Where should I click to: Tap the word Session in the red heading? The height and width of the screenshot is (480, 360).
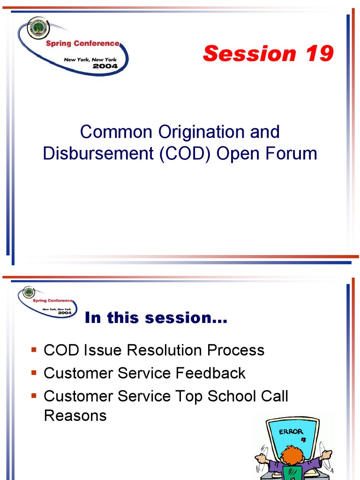click(x=249, y=53)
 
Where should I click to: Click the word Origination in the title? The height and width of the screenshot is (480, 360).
click(x=202, y=132)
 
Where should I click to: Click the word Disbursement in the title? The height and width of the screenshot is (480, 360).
click(x=98, y=153)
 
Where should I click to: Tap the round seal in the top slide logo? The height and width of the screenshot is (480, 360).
click(x=37, y=28)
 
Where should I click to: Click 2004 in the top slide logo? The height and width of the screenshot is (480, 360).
click(x=105, y=66)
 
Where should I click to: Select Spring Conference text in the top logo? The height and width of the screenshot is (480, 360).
click(x=82, y=44)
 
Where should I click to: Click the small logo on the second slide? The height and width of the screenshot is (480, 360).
click(x=47, y=301)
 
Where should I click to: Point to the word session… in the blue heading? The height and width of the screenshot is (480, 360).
click(x=186, y=318)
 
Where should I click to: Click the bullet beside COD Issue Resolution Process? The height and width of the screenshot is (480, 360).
click(x=34, y=350)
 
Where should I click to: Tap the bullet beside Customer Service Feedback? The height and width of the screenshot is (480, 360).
click(x=34, y=373)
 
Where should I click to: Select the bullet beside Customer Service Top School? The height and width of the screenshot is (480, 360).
click(x=34, y=396)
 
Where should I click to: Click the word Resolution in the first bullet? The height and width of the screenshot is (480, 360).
click(x=164, y=350)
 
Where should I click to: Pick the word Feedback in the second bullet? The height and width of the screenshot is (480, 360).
click(x=210, y=373)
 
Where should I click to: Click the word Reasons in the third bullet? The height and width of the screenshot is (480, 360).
click(x=75, y=416)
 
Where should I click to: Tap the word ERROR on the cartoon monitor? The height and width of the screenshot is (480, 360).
click(x=291, y=432)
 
